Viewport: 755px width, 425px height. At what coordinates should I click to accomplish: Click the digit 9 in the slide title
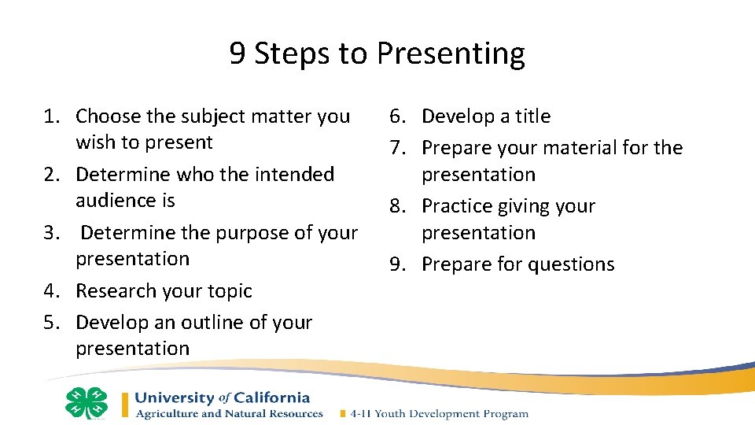tap(238, 54)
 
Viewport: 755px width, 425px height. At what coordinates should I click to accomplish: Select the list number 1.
tap(50, 116)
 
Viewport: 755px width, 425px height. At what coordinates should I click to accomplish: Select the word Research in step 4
tap(115, 291)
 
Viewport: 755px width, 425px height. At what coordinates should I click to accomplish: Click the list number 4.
tap(50, 291)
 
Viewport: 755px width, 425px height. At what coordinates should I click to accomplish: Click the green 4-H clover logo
tap(86, 403)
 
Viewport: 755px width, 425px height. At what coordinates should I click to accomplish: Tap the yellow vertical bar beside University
tap(124, 405)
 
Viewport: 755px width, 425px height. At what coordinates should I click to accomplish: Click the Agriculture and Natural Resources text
tap(229, 414)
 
